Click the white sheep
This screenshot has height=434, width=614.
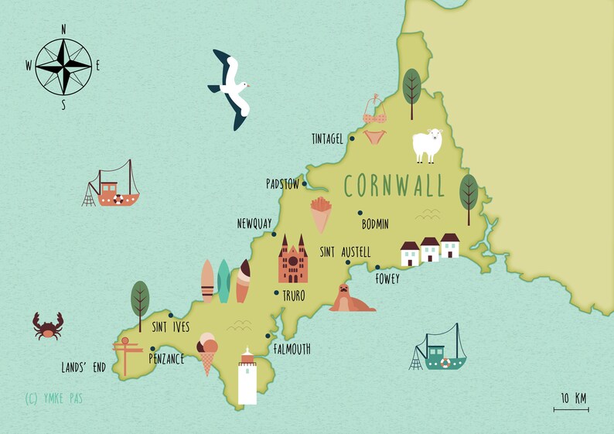427,145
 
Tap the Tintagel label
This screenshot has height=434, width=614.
326,139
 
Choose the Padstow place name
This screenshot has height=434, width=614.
282,184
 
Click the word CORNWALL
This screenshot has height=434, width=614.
394,186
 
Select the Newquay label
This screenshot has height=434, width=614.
254,224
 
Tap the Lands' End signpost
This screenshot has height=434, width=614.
128,353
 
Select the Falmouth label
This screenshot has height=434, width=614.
292,350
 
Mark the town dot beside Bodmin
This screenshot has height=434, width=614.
360,214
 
